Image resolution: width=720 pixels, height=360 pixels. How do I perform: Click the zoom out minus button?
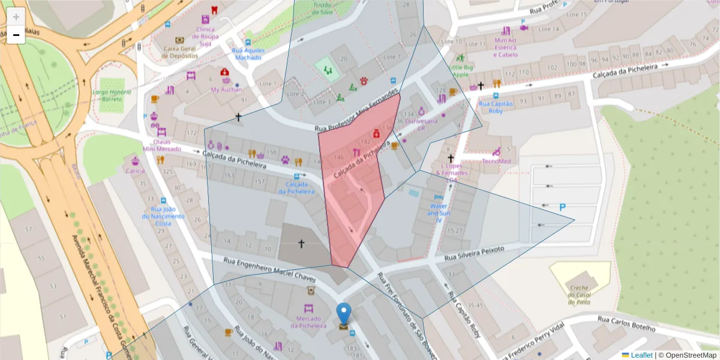point(16,35)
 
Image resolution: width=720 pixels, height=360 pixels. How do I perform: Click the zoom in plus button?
point(16,17)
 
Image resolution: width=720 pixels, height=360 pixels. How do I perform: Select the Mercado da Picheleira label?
point(311,322)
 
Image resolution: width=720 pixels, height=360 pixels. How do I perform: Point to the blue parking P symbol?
point(562,208)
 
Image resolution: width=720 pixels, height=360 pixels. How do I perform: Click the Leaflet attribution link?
point(641,355)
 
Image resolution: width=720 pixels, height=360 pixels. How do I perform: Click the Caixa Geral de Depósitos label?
point(179,52)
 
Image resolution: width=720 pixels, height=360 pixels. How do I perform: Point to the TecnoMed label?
point(497,161)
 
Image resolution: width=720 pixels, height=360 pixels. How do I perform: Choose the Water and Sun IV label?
point(438,213)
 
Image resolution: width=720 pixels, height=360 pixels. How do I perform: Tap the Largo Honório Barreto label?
point(112,95)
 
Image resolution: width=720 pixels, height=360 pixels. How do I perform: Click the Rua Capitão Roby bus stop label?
point(496,107)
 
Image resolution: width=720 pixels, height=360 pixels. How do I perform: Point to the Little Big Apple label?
point(461,71)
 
